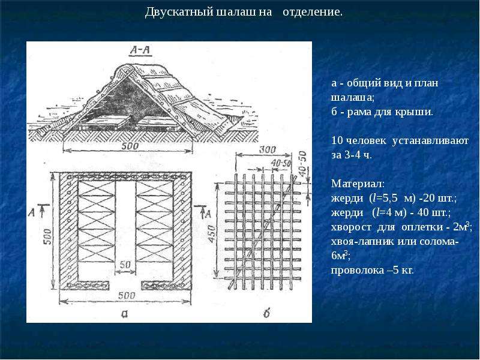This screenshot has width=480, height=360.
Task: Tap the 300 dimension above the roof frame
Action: click(x=267, y=149)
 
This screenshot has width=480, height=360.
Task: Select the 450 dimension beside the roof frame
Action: click(x=212, y=235)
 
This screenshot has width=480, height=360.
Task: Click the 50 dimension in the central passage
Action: click(x=125, y=264)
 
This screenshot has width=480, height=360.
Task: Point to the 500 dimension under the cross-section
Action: click(x=130, y=146)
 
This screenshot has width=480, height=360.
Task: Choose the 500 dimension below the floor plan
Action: click(x=127, y=295)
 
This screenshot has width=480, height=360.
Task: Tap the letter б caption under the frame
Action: click(x=266, y=313)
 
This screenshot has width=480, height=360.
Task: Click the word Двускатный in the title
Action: click(x=179, y=12)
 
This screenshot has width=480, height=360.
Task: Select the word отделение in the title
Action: click(x=313, y=12)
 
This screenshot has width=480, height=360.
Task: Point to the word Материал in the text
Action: click(x=358, y=184)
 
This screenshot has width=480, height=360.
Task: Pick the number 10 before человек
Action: click(x=337, y=140)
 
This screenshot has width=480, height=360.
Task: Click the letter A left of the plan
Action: click(x=31, y=212)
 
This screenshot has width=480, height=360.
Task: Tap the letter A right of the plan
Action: click(x=208, y=214)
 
